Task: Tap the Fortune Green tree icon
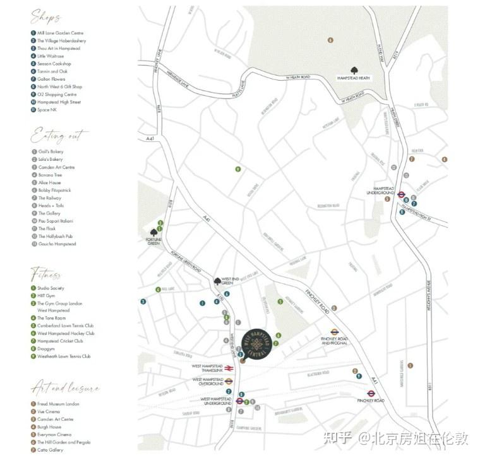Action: click(154, 232)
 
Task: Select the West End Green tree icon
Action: click(218, 281)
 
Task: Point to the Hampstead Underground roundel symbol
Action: click(400, 194)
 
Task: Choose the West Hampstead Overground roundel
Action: click(229, 381)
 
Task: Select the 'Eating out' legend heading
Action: click(59, 136)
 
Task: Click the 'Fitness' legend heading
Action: click(46, 274)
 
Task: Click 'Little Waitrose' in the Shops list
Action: click(51, 56)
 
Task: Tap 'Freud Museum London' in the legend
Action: click(58, 404)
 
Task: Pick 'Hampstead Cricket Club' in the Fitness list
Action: click(60, 341)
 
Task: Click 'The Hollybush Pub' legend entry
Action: click(55, 237)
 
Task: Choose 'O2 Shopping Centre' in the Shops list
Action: click(57, 95)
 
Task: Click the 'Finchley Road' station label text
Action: click(367, 401)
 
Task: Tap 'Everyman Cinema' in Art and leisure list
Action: click(54, 435)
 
